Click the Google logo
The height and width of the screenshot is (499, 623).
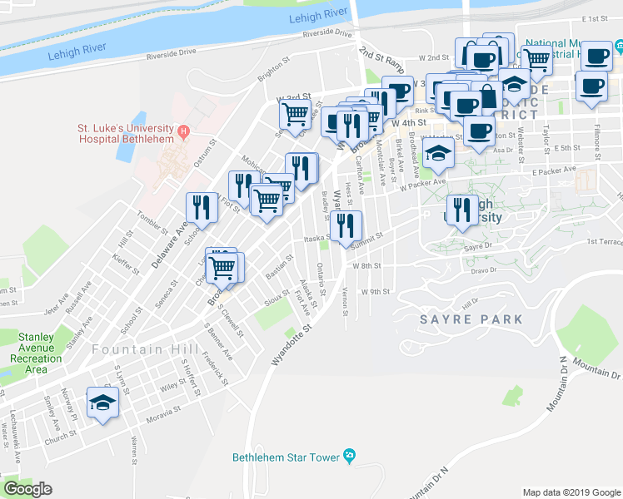point(27,489)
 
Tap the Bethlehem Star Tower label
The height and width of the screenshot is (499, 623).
point(286,457)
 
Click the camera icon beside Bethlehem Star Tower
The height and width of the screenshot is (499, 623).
point(349,456)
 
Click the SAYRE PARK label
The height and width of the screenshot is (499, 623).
point(471,319)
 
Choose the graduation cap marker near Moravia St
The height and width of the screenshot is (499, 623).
point(102,404)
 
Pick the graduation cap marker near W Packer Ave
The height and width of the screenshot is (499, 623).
point(437,154)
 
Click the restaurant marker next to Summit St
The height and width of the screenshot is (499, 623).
point(345,225)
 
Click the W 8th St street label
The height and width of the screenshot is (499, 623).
point(366,266)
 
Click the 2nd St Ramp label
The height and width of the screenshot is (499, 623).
point(381,64)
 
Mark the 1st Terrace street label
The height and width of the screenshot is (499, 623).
point(604,242)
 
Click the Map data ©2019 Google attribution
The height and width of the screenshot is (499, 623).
point(571,492)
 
